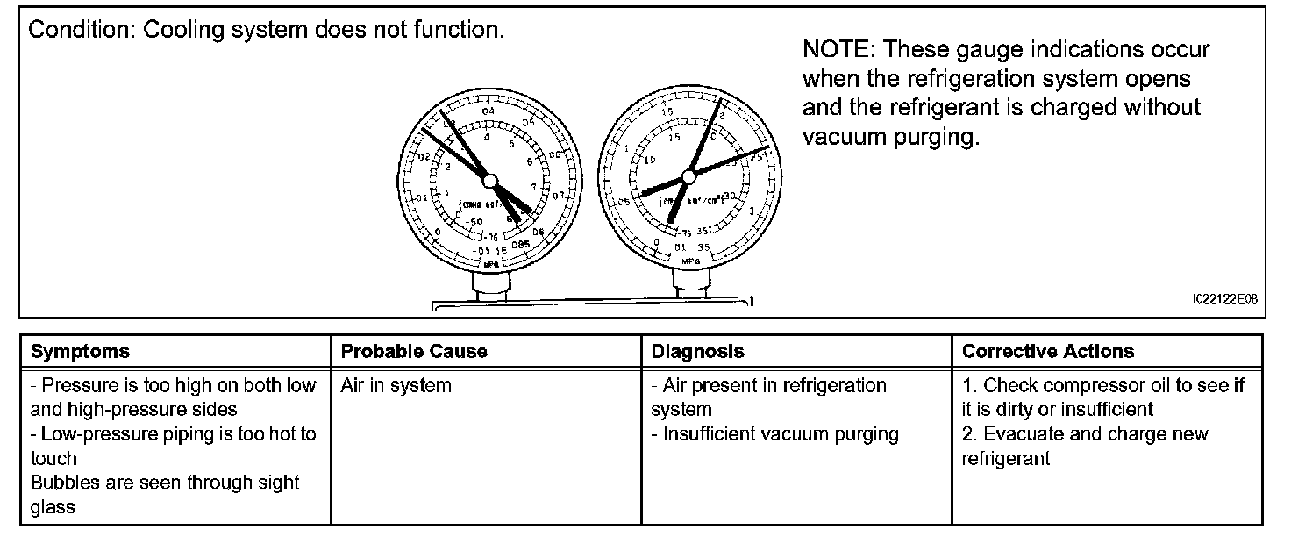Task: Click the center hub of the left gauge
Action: [x=489, y=180]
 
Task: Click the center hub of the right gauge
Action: [x=688, y=176]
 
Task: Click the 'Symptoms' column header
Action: [x=80, y=352]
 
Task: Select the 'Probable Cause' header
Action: [x=413, y=352]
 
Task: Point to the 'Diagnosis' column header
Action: [x=697, y=352]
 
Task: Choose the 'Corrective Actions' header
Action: [x=1047, y=352]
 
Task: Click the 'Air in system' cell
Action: [x=396, y=385]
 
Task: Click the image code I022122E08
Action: [x=1224, y=299]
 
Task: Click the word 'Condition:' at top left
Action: [x=82, y=30]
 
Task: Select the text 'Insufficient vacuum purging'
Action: [x=781, y=433]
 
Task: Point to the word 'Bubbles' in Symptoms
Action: [x=63, y=483]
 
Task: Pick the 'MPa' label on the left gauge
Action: [x=491, y=261]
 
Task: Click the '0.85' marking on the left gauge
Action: [x=521, y=243]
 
